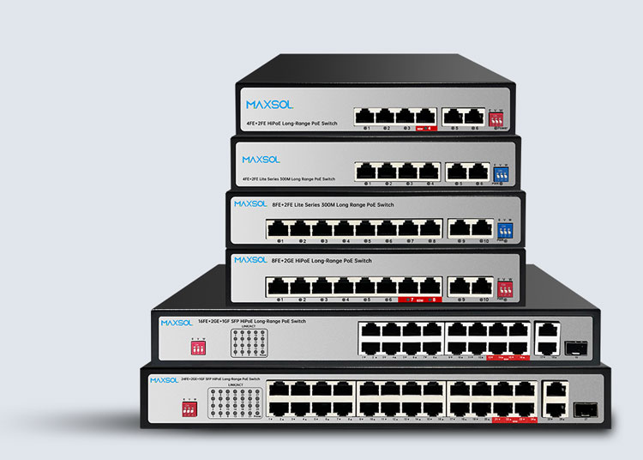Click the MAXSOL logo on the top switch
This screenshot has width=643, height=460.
coord(269,105)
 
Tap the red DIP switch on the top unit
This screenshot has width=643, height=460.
coord(497,118)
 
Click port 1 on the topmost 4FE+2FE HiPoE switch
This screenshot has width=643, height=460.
coord(367,116)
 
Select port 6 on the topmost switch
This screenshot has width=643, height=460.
coord(474,116)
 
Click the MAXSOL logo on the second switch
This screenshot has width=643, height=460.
coord(261,159)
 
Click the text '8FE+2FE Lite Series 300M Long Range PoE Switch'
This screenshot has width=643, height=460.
coord(333,205)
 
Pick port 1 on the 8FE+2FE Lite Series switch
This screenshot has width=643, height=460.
coord(278,227)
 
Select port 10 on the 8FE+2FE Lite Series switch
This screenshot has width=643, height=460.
coord(483,227)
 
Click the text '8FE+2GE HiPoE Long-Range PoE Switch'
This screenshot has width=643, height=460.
coord(321,260)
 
